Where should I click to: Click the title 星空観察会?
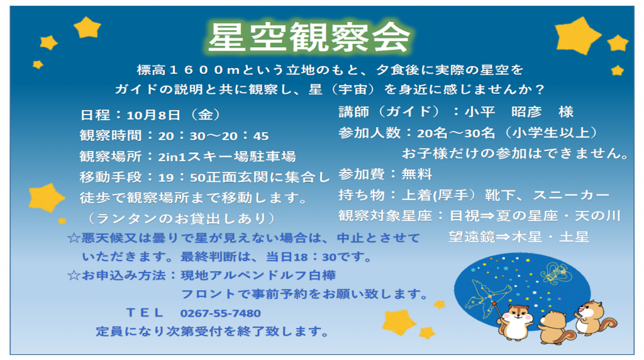point(309,37)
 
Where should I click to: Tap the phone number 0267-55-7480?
point(220,313)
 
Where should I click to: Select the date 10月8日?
point(153,115)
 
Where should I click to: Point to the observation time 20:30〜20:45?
point(213,135)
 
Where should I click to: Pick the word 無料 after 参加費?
point(416,174)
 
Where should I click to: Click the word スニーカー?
point(571,195)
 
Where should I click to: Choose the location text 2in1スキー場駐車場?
point(226,157)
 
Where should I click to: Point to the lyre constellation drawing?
point(555,273)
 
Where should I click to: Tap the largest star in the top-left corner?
point(87,28)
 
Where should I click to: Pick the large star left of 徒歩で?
point(46,198)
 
